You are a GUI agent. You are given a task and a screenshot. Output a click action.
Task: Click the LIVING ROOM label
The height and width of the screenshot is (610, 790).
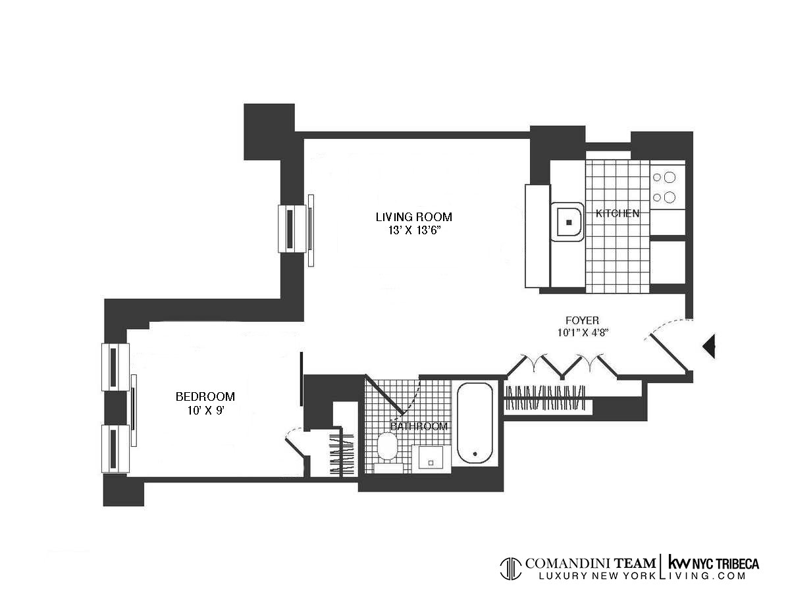pos(413,216)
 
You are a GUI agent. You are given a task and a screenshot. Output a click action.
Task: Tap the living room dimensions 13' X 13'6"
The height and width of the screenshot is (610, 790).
pos(413,230)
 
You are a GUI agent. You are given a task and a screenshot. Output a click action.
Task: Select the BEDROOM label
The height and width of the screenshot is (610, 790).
pos(205,396)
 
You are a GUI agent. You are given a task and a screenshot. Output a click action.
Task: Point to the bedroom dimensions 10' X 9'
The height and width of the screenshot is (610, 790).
pos(205,410)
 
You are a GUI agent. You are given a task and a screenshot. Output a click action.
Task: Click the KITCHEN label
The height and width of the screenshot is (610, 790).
pos(617,213)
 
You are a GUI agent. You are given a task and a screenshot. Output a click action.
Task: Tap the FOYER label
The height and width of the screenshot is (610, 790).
pos(581,320)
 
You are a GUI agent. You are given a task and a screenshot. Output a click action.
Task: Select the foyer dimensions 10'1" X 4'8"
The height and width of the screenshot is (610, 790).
pos(581,333)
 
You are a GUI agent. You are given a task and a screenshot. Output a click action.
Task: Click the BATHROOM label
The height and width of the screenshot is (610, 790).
pos(419,426)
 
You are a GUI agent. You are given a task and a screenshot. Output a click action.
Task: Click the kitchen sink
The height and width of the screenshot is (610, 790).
pos(567,222)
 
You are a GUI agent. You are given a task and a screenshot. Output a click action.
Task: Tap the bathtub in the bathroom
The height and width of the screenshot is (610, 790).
pos(475,423)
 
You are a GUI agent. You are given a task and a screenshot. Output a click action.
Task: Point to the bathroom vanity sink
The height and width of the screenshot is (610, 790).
pos(431,459)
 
